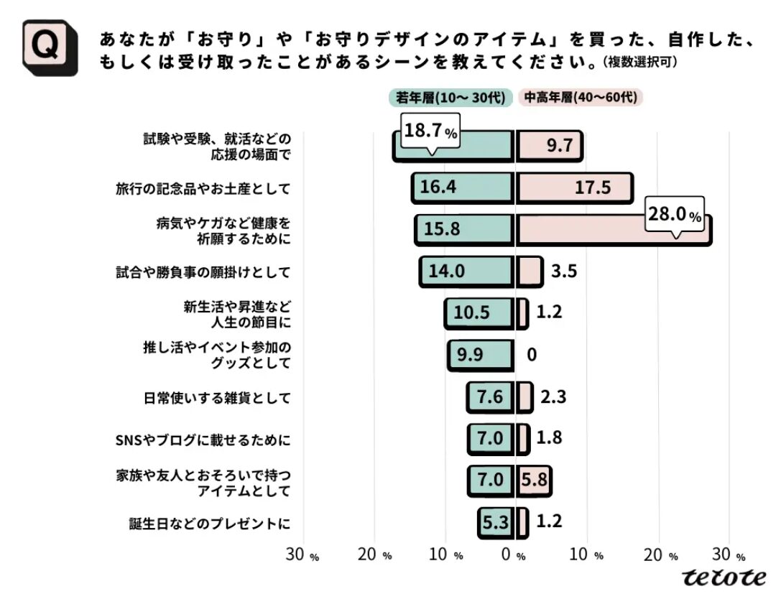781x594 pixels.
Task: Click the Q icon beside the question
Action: click(x=50, y=47)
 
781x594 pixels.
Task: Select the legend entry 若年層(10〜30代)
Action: click(x=450, y=98)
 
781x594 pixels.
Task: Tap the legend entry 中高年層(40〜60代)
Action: click(x=581, y=97)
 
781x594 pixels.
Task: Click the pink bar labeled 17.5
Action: click(x=574, y=187)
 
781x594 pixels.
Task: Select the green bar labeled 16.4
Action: click(x=463, y=187)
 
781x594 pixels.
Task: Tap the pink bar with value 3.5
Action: click(x=530, y=272)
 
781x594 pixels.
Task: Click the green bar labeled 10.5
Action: click(x=479, y=313)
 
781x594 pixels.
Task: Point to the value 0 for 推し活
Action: click(x=532, y=355)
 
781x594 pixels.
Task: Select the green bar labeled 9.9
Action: click(x=481, y=355)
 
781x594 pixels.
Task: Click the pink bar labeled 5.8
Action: click(x=534, y=481)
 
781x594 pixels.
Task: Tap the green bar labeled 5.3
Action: click(x=496, y=522)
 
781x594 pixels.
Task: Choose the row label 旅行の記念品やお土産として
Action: click(x=203, y=189)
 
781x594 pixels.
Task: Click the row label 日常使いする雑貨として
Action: click(x=217, y=399)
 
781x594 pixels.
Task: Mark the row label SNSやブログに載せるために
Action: click(x=203, y=440)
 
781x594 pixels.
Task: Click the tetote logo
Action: click(x=724, y=577)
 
